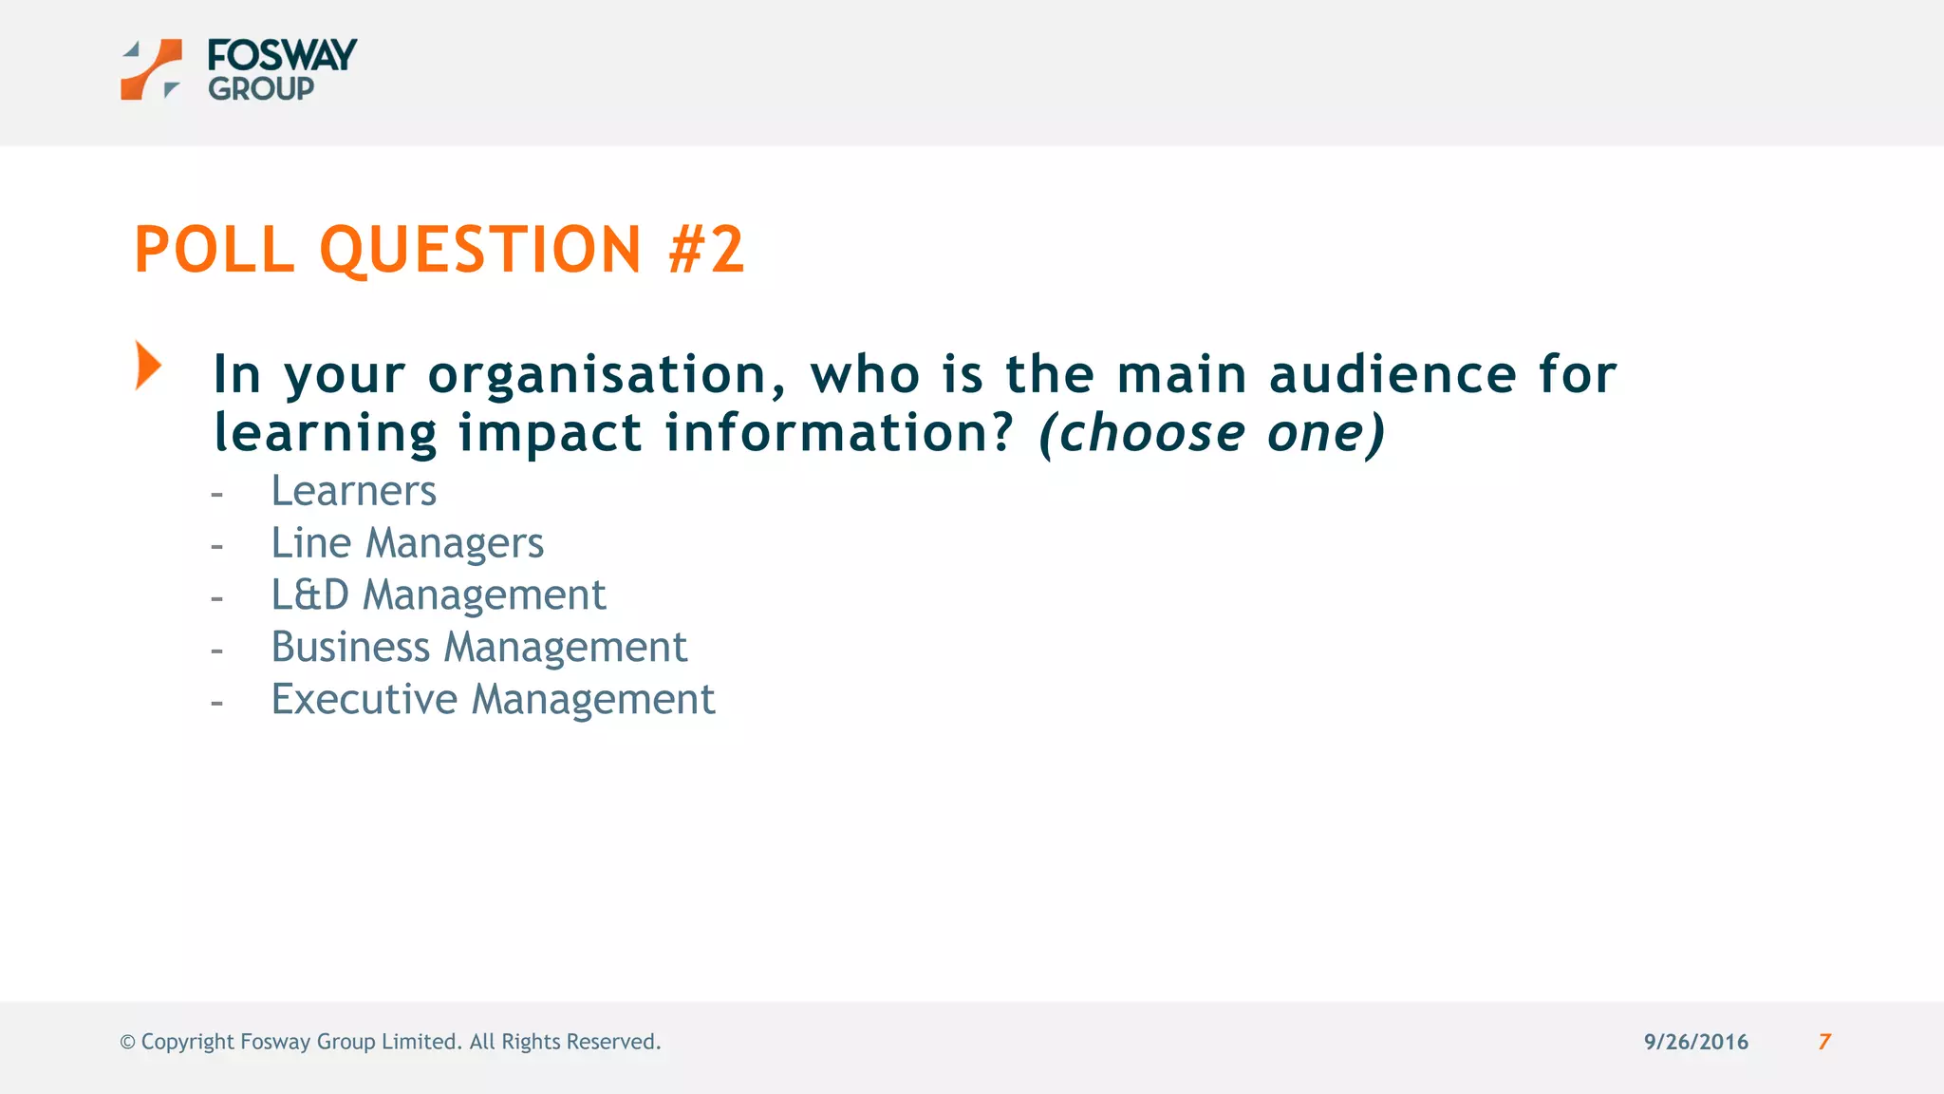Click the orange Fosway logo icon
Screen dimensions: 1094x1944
(x=151, y=69)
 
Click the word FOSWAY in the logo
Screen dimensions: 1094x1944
(x=282, y=55)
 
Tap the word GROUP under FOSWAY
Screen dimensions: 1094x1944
(x=261, y=89)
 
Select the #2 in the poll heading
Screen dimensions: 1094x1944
(x=706, y=250)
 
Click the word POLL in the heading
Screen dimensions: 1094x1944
(x=215, y=250)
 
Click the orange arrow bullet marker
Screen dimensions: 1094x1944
(x=148, y=366)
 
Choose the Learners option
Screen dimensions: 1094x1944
(x=353, y=491)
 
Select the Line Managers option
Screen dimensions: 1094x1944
(x=407, y=543)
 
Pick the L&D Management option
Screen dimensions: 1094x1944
(x=438, y=595)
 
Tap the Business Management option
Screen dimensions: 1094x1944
(x=478, y=648)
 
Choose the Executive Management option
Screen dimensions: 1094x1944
(x=493, y=700)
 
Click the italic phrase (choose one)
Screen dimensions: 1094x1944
(x=1212, y=433)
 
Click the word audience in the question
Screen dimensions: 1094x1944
(x=1393, y=374)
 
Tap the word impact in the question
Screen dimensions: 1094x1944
(x=550, y=433)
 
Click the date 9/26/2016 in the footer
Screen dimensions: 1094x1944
(x=1695, y=1042)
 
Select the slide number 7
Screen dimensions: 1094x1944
(x=1824, y=1042)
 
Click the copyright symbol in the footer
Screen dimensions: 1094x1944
(x=127, y=1043)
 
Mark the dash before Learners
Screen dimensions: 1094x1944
(x=217, y=494)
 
